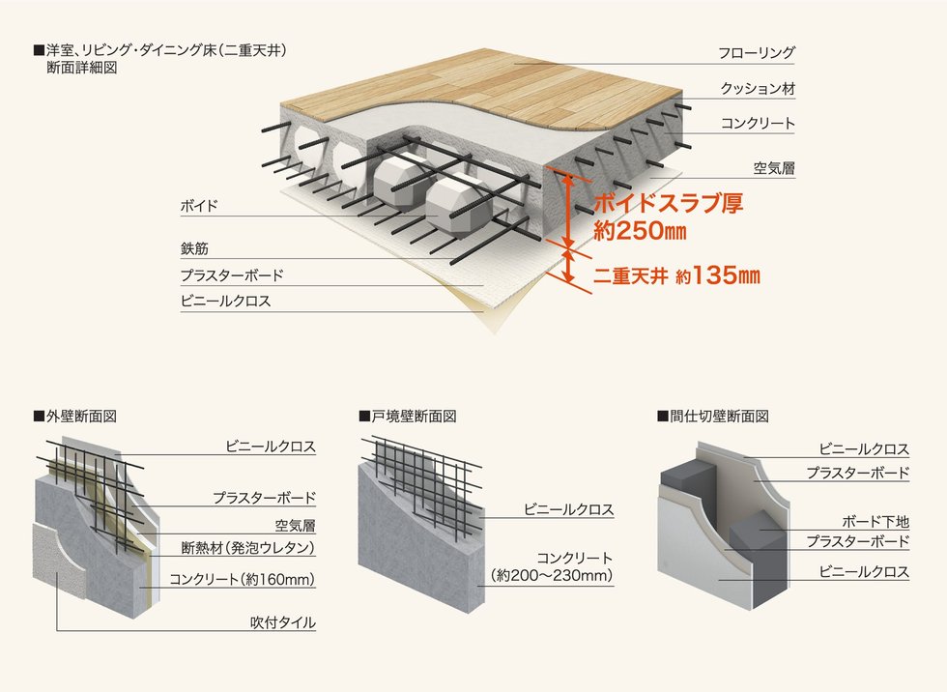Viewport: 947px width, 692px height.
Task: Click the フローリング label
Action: pos(756,53)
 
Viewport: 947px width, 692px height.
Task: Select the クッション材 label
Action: pos(758,89)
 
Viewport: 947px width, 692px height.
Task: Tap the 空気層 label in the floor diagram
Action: pos(774,168)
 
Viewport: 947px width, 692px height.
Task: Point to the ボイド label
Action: pos(199,206)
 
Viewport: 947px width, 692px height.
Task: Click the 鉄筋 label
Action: pos(194,248)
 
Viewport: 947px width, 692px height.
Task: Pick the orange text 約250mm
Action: pos(640,231)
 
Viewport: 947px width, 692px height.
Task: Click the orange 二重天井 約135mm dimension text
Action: pos(676,276)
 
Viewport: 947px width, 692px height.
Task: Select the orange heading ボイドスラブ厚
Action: pos(668,203)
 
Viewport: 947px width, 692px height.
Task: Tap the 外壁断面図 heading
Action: pos(75,416)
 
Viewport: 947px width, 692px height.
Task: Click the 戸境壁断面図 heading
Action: pos(408,416)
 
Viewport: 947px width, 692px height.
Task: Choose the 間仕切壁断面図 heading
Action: pos(713,416)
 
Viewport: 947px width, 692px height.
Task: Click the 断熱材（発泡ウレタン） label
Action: pos(248,548)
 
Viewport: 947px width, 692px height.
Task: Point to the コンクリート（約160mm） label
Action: pos(243,580)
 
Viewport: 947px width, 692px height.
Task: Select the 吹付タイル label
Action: pos(283,622)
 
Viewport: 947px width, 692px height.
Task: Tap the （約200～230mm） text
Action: pos(552,575)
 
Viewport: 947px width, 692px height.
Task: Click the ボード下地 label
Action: pos(875,522)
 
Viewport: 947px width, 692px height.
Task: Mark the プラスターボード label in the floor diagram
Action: pos(232,275)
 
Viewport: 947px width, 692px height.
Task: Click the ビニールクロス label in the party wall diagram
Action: pos(569,509)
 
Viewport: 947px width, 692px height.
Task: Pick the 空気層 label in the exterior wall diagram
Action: pos(296,526)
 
